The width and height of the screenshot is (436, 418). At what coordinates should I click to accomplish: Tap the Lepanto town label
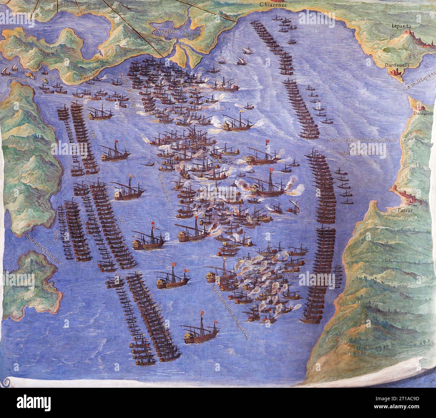tap(403, 26)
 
